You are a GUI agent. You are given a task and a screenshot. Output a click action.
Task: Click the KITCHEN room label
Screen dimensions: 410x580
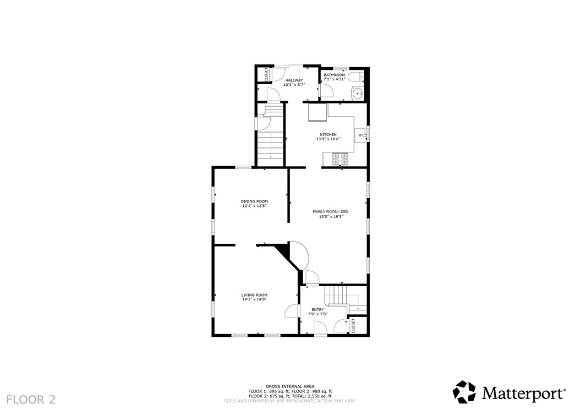click(329, 134)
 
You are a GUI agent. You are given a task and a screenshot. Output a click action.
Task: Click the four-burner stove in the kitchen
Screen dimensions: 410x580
click(340, 159)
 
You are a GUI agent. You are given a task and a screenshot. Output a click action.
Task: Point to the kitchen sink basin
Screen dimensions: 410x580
click(360, 134)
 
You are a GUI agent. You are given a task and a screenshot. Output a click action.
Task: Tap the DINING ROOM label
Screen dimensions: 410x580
click(254, 201)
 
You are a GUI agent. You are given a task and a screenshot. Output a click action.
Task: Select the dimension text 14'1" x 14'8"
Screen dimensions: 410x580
click(254, 299)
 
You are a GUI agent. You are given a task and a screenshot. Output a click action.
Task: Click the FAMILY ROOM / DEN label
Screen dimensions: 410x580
click(331, 212)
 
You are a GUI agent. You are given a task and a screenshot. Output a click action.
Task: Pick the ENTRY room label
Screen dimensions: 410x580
click(318, 310)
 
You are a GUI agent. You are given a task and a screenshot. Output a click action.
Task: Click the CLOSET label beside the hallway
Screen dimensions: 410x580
click(267, 74)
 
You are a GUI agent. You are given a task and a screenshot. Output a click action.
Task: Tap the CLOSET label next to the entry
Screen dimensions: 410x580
click(353, 325)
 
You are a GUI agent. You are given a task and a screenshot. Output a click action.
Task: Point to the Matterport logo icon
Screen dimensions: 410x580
click(464, 392)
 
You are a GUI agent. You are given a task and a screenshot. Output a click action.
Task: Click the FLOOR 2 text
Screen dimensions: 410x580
click(31, 399)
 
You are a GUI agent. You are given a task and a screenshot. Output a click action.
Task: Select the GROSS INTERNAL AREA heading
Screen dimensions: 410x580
click(290, 386)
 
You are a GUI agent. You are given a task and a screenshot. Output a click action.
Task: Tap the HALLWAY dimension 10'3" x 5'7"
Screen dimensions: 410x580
click(294, 85)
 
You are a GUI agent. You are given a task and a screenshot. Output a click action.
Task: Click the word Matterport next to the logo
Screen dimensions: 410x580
click(523, 393)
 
